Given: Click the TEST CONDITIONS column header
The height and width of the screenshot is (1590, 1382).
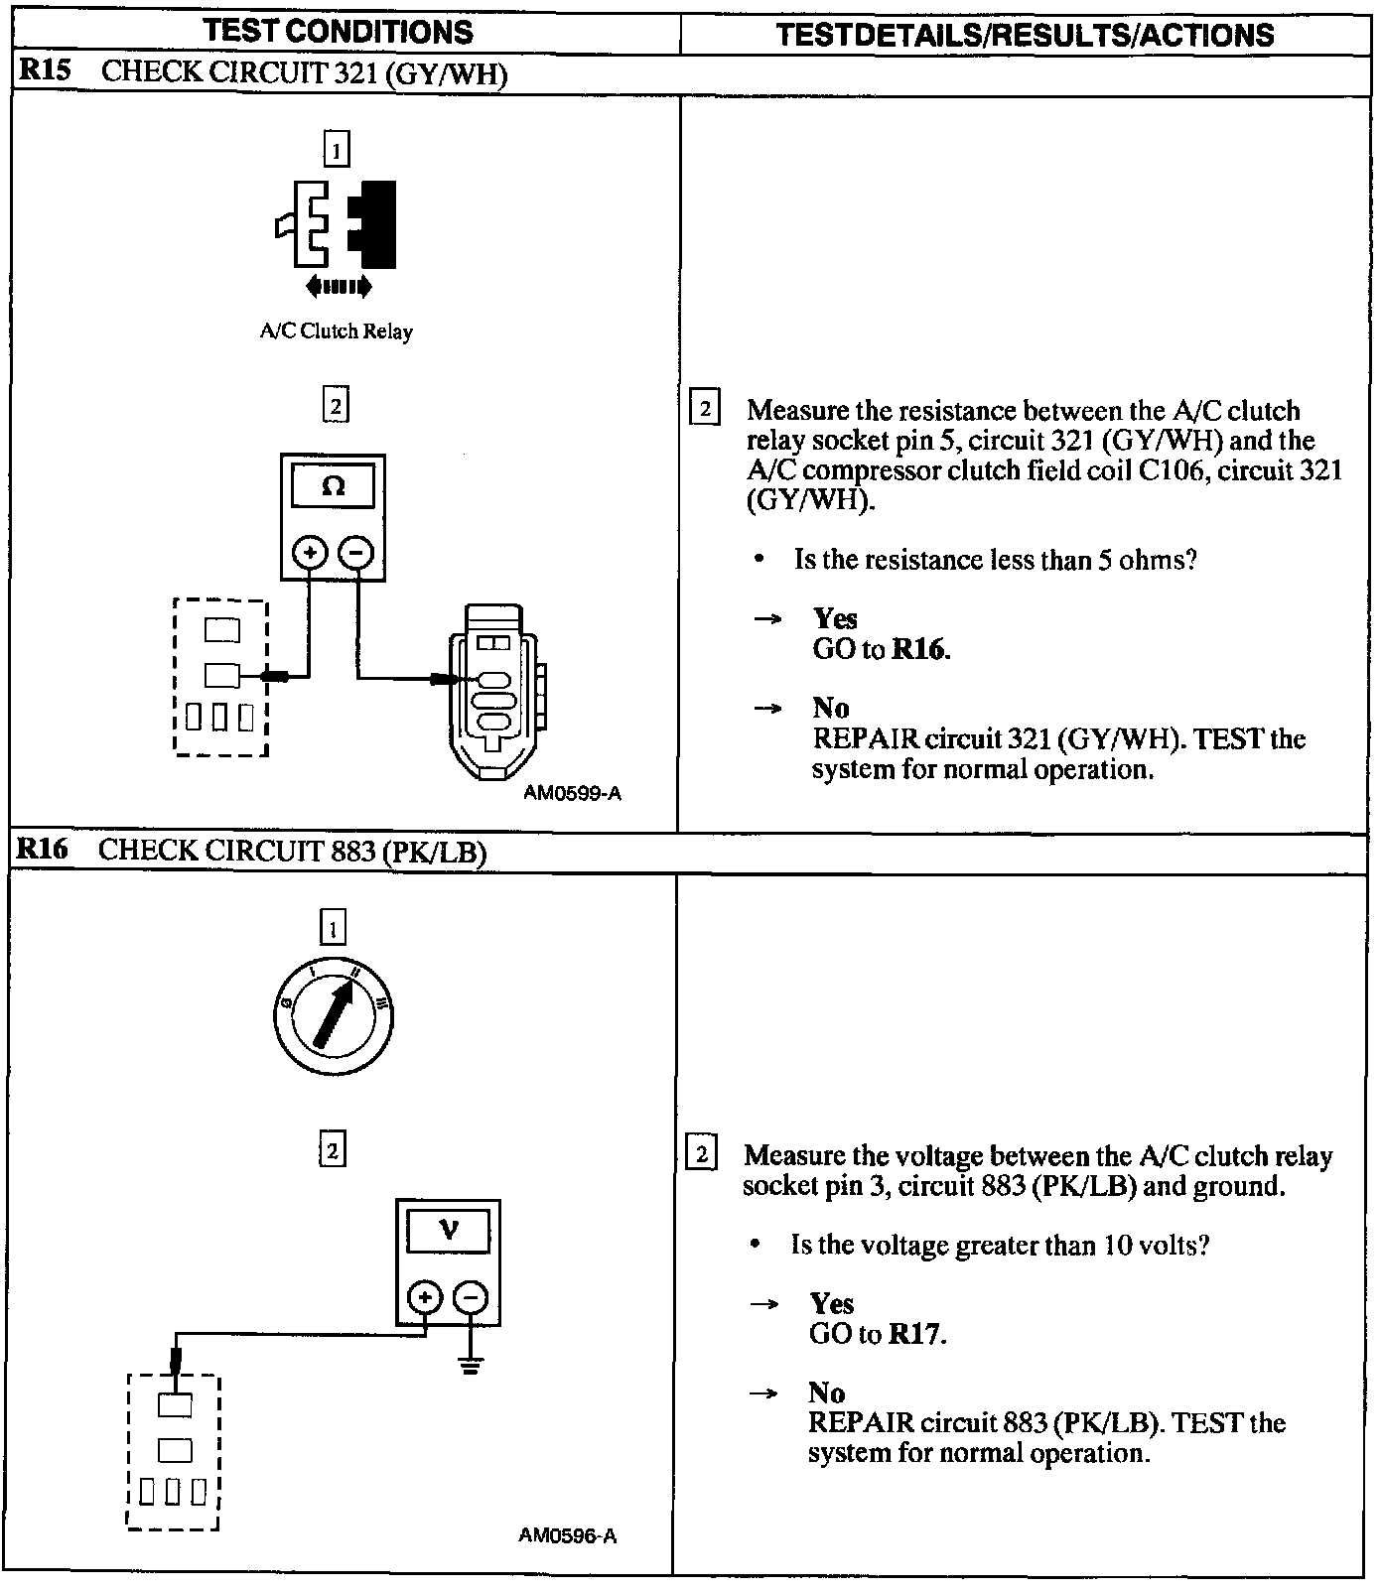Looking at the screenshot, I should click(339, 32).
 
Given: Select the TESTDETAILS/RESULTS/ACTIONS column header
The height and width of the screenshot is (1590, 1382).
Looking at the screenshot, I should click(1024, 36).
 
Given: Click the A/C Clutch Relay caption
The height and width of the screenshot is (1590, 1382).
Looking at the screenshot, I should click(336, 331).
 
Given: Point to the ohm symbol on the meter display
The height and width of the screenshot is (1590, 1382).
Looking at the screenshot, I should click(334, 486).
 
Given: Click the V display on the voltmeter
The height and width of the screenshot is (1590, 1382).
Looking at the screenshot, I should click(449, 1232).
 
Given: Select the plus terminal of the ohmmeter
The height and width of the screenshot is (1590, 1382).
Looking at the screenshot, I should click(311, 552).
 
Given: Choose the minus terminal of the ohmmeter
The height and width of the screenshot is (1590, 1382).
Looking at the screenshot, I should click(357, 552).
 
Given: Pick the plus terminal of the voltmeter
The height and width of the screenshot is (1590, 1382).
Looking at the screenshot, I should click(425, 1297).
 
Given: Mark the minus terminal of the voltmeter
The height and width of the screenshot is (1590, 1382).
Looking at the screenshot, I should click(471, 1297).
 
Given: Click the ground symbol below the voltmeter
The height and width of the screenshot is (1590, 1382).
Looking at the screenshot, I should click(471, 1366).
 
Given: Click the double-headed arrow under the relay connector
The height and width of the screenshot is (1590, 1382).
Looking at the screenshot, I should click(339, 287).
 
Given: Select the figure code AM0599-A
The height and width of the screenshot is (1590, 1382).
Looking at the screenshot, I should click(573, 793).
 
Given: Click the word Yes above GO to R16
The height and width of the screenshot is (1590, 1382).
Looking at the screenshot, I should click(835, 618).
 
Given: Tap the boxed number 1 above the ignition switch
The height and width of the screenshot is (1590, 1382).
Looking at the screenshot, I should click(333, 929).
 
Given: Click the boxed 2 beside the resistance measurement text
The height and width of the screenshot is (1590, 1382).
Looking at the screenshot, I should click(704, 409).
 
